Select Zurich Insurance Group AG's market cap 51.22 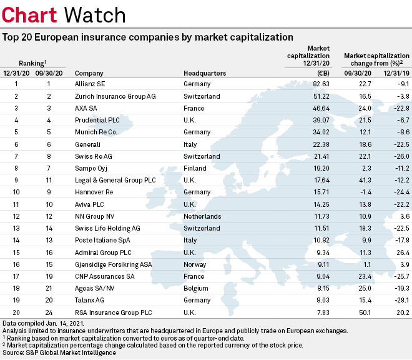(321, 97)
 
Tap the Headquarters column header (205, 73)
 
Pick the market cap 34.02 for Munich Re (321, 139)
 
